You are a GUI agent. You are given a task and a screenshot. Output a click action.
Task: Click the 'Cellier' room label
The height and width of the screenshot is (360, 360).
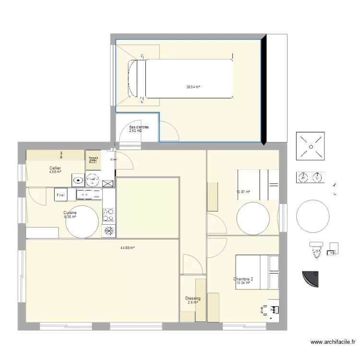coord(55,168)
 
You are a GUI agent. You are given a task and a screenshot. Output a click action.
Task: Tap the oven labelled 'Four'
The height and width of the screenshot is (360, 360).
coord(61,195)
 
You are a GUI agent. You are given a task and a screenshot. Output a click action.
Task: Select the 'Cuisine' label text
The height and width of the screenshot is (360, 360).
coord(70,213)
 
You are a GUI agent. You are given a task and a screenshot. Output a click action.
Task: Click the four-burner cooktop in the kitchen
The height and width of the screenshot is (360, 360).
coord(109,213)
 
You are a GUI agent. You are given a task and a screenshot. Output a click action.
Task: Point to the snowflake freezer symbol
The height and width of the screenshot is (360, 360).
coord(109,230)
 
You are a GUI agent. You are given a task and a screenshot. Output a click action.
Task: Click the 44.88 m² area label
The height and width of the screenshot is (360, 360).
coord(127,248)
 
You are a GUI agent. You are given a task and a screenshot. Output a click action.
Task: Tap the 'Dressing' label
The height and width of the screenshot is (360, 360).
coord(193,299)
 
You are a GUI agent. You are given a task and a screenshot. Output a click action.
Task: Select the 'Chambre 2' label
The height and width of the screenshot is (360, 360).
coord(243,279)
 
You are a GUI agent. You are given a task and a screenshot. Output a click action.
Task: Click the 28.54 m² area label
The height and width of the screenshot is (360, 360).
coord(193,87)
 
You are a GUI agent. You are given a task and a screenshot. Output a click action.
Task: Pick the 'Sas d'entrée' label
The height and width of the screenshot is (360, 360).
coord(139,127)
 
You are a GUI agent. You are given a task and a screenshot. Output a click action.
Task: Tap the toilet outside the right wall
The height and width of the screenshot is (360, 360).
coord(315,248)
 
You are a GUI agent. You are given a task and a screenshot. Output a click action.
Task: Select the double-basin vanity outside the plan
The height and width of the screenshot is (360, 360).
coord(310,178)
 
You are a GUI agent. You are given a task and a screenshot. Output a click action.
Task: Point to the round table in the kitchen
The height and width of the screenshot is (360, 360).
coord(83,221)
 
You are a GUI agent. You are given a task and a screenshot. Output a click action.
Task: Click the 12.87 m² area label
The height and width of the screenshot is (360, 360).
coord(244,192)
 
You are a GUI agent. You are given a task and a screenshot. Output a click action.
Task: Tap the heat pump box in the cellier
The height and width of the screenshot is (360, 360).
coord(93,160)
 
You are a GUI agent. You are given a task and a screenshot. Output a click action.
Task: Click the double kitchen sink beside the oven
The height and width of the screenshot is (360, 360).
coord(89,194)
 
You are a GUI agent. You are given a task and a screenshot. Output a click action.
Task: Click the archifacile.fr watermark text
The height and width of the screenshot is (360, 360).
coord(333,342)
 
